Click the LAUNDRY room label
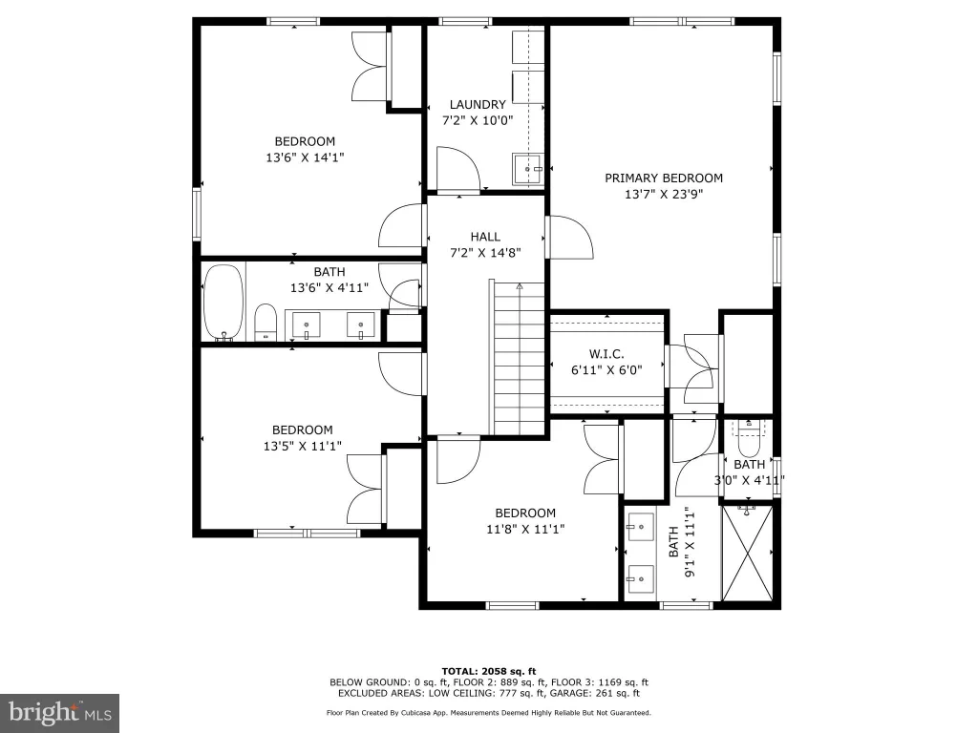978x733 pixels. point(478,105)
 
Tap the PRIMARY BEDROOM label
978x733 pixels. point(664,178)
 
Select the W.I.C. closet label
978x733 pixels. point(606,354)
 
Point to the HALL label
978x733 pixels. point(485,237)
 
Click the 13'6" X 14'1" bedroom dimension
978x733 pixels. point(305,157)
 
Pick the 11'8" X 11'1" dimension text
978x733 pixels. point(525,529)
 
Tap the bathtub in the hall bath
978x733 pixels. point(223,304)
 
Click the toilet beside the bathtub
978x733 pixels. point(266,322)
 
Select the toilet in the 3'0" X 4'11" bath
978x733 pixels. point(749,440)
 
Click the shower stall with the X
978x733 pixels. point(747,553)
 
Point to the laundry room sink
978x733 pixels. point(528,169)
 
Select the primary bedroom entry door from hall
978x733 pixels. point(569,238)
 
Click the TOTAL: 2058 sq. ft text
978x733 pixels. point(489,671)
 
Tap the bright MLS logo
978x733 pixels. point(60,713)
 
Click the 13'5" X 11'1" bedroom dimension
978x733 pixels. point(303,447)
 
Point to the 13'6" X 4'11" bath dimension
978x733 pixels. point(330,288)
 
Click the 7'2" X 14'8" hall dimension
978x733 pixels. point(485,253)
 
